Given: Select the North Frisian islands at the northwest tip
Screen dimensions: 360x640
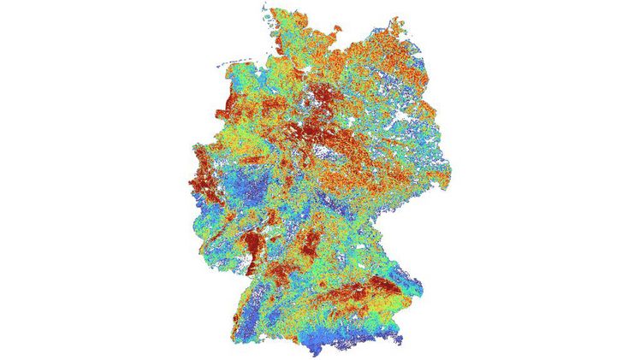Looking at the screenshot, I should tap(268, 16).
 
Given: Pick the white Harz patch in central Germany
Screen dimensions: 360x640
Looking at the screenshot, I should tap(324, 152).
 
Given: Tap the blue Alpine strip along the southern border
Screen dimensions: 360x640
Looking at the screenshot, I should tap(359, 338).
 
